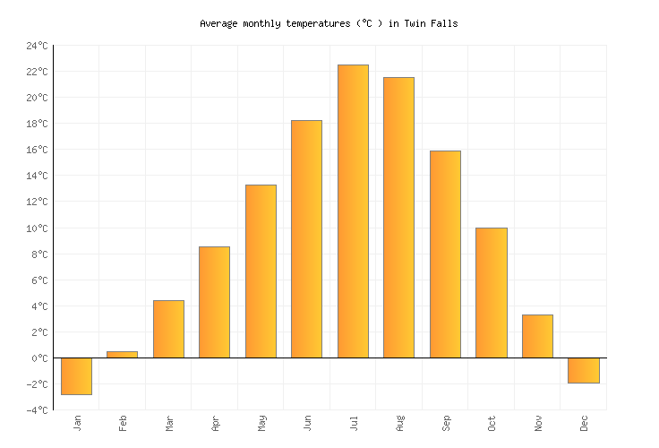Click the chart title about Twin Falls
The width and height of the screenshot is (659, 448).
(329, 23)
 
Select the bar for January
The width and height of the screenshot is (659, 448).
(76, 375)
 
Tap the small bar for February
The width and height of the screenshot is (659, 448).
(122, 354)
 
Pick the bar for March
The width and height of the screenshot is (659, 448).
(168, 329)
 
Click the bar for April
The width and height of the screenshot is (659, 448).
(214, 302)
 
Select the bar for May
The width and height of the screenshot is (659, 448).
(261, 271)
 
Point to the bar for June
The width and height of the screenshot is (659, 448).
(306, 239)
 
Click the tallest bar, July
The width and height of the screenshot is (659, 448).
(353, 211)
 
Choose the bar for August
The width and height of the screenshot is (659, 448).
(398, 218)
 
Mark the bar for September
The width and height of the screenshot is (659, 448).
(445, 254)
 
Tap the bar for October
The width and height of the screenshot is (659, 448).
(491, 293)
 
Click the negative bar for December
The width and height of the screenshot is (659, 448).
(583, 370)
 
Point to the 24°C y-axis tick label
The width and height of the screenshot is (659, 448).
(37, 46)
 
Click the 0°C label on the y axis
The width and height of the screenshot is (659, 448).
(39, 358)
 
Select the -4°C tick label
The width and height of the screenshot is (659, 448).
(37, 410)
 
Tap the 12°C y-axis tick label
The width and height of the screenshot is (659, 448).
(37, 202)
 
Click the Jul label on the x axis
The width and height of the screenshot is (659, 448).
(354, 423)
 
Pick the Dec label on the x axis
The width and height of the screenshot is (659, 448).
(584, 423)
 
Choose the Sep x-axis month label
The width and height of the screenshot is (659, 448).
(446, 423)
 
